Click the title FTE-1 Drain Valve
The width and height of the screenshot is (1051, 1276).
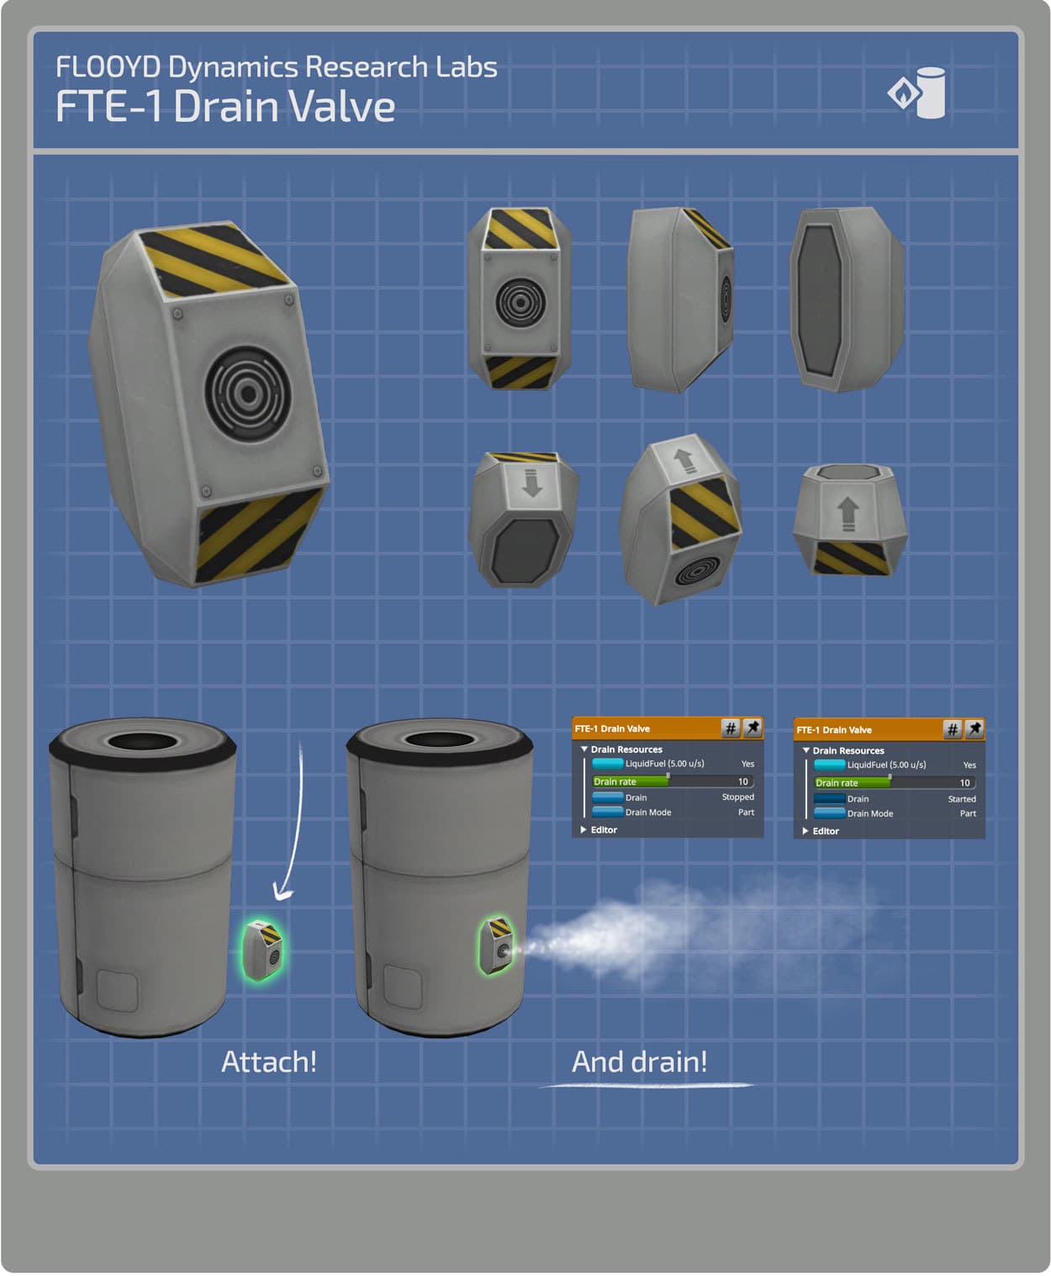tap(224, 106)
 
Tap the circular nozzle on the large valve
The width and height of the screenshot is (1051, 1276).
tap(247, 394)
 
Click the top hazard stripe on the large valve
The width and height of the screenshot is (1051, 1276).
tap(212, 260)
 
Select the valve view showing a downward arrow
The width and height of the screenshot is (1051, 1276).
tap(524, 519)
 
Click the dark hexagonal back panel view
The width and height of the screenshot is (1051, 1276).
tap(847, 299)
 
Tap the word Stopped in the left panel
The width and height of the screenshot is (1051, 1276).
tap(737, 797)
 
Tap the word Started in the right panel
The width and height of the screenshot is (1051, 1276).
tap(961, 799)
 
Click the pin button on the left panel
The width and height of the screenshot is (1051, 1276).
tap(753, 728)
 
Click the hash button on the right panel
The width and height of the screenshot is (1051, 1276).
tap(952, 729)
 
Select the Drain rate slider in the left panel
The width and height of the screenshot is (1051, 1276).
tap(672, 781)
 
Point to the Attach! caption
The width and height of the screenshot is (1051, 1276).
tap(269, 1062)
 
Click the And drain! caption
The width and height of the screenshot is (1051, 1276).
tap(639, 1062)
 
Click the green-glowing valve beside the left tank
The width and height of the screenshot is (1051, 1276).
tap(262, 950)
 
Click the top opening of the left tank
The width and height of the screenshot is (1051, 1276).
tap(142, 741)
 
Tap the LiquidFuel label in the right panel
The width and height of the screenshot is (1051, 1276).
tap(886, 765)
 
